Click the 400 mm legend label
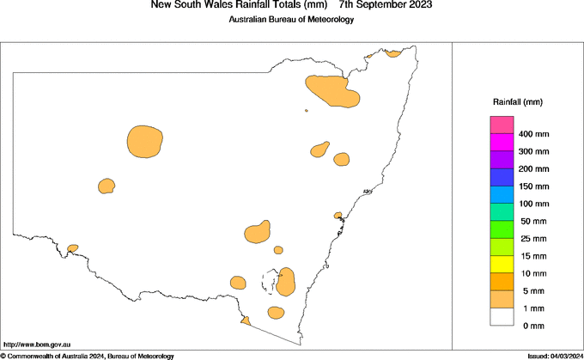coord(533,135)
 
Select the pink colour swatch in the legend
coord(502,125)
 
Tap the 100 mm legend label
coord(533,204)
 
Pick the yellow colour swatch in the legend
coord(502,265)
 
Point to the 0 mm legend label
coord(533,326)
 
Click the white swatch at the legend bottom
coord(502,317)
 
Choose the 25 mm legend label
coord(533,239)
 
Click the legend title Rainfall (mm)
coord(517,102)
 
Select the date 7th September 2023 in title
coord(386,5)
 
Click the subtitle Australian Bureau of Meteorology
coord(291,19)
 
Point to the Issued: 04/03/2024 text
coord(555,356)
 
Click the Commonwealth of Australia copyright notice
coord(88,356)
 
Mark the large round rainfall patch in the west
coord(144,141)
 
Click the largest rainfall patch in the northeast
coord(332,90)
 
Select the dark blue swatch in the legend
coord(502,178)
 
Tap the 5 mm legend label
coord(533,291)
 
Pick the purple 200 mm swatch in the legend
coord(502,161)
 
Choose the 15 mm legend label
coord(533,256)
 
